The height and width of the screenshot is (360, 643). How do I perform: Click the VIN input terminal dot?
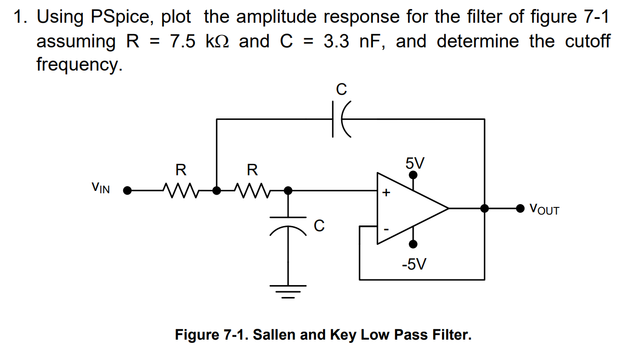[x=127, y=190]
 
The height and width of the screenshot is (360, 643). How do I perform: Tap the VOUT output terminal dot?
[x=520, y=208]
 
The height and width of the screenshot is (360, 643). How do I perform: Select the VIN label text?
[x=100, y=188]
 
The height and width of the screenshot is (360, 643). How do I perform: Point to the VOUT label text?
[x=544, y=208]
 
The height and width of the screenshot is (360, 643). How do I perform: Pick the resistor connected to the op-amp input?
[x=252, y=190]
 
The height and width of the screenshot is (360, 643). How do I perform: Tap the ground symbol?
[x=288, y=290]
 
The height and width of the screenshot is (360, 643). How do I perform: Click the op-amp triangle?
[x=408, y=208]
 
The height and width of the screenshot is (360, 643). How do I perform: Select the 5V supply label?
[x=415, y=163]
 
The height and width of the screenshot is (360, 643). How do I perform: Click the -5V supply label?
[x=414, y=264]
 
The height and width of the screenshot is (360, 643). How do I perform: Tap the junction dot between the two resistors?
[x=217, y=190]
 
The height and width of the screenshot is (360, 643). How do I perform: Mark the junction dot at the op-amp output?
[x=484, y=208]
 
